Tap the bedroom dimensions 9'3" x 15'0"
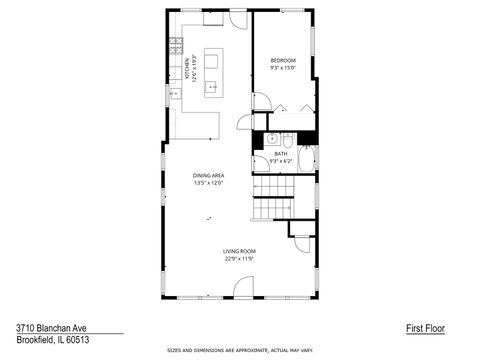click(283, 69)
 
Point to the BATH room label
click(281, 153)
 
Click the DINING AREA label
click(208, 176)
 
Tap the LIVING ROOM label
click(239, 251)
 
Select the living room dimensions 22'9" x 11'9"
click(239, 259)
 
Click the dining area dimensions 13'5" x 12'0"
click(208, 184)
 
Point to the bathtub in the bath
click(306, 157)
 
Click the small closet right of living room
click(301, 228)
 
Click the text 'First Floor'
click(425, 328)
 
